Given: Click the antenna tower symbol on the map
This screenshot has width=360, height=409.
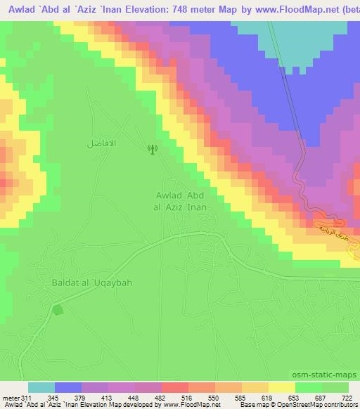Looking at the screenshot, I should pyautogui.click(x=150, y=148).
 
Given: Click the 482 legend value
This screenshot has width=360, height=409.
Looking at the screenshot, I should pyautogui.click(x=148, y=398).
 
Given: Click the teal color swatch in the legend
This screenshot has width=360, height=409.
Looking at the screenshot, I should pyautogui.click(x=41, y=387).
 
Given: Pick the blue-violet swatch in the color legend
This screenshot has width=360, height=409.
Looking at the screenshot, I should pyautogui.click(x=68, y=387).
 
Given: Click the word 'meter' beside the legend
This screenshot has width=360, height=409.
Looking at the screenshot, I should pyautogui.click(x=10, y=398).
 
